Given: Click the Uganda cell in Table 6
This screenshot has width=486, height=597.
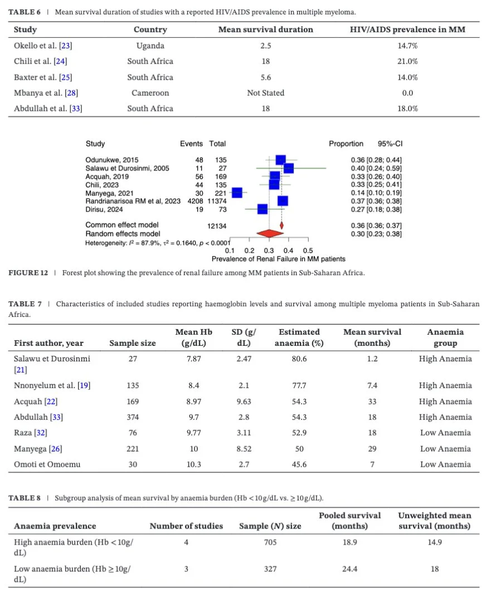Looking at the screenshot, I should click(x=150, y=45).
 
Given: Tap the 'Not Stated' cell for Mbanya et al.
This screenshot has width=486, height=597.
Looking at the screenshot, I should click(x=265, y=93).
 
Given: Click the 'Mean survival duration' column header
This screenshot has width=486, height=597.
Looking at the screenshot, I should click(x=265, y=30).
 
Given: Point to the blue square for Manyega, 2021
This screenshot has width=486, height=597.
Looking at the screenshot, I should click(x=237, y=193).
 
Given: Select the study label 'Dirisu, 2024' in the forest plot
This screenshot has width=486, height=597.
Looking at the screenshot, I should click(x=104, y=209).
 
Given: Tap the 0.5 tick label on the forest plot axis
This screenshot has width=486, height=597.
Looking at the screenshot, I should click(x=308, y=251).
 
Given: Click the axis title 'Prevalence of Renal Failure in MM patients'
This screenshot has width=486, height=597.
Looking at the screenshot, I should click(x=278, y=259).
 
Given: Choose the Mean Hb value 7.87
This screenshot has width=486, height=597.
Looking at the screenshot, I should click(x=195, y=359).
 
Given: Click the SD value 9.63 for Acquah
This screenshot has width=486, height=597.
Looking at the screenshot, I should click(x=244, y=402).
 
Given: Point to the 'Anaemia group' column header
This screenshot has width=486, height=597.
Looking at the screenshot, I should click(x=445, y=337).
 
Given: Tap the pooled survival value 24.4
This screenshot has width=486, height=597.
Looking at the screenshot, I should click(x=349, y=569).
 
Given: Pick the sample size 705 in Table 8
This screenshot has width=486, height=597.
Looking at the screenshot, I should click(x=270, y=542).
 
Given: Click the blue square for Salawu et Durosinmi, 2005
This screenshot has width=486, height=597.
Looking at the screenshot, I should click(x=289, y=168).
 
